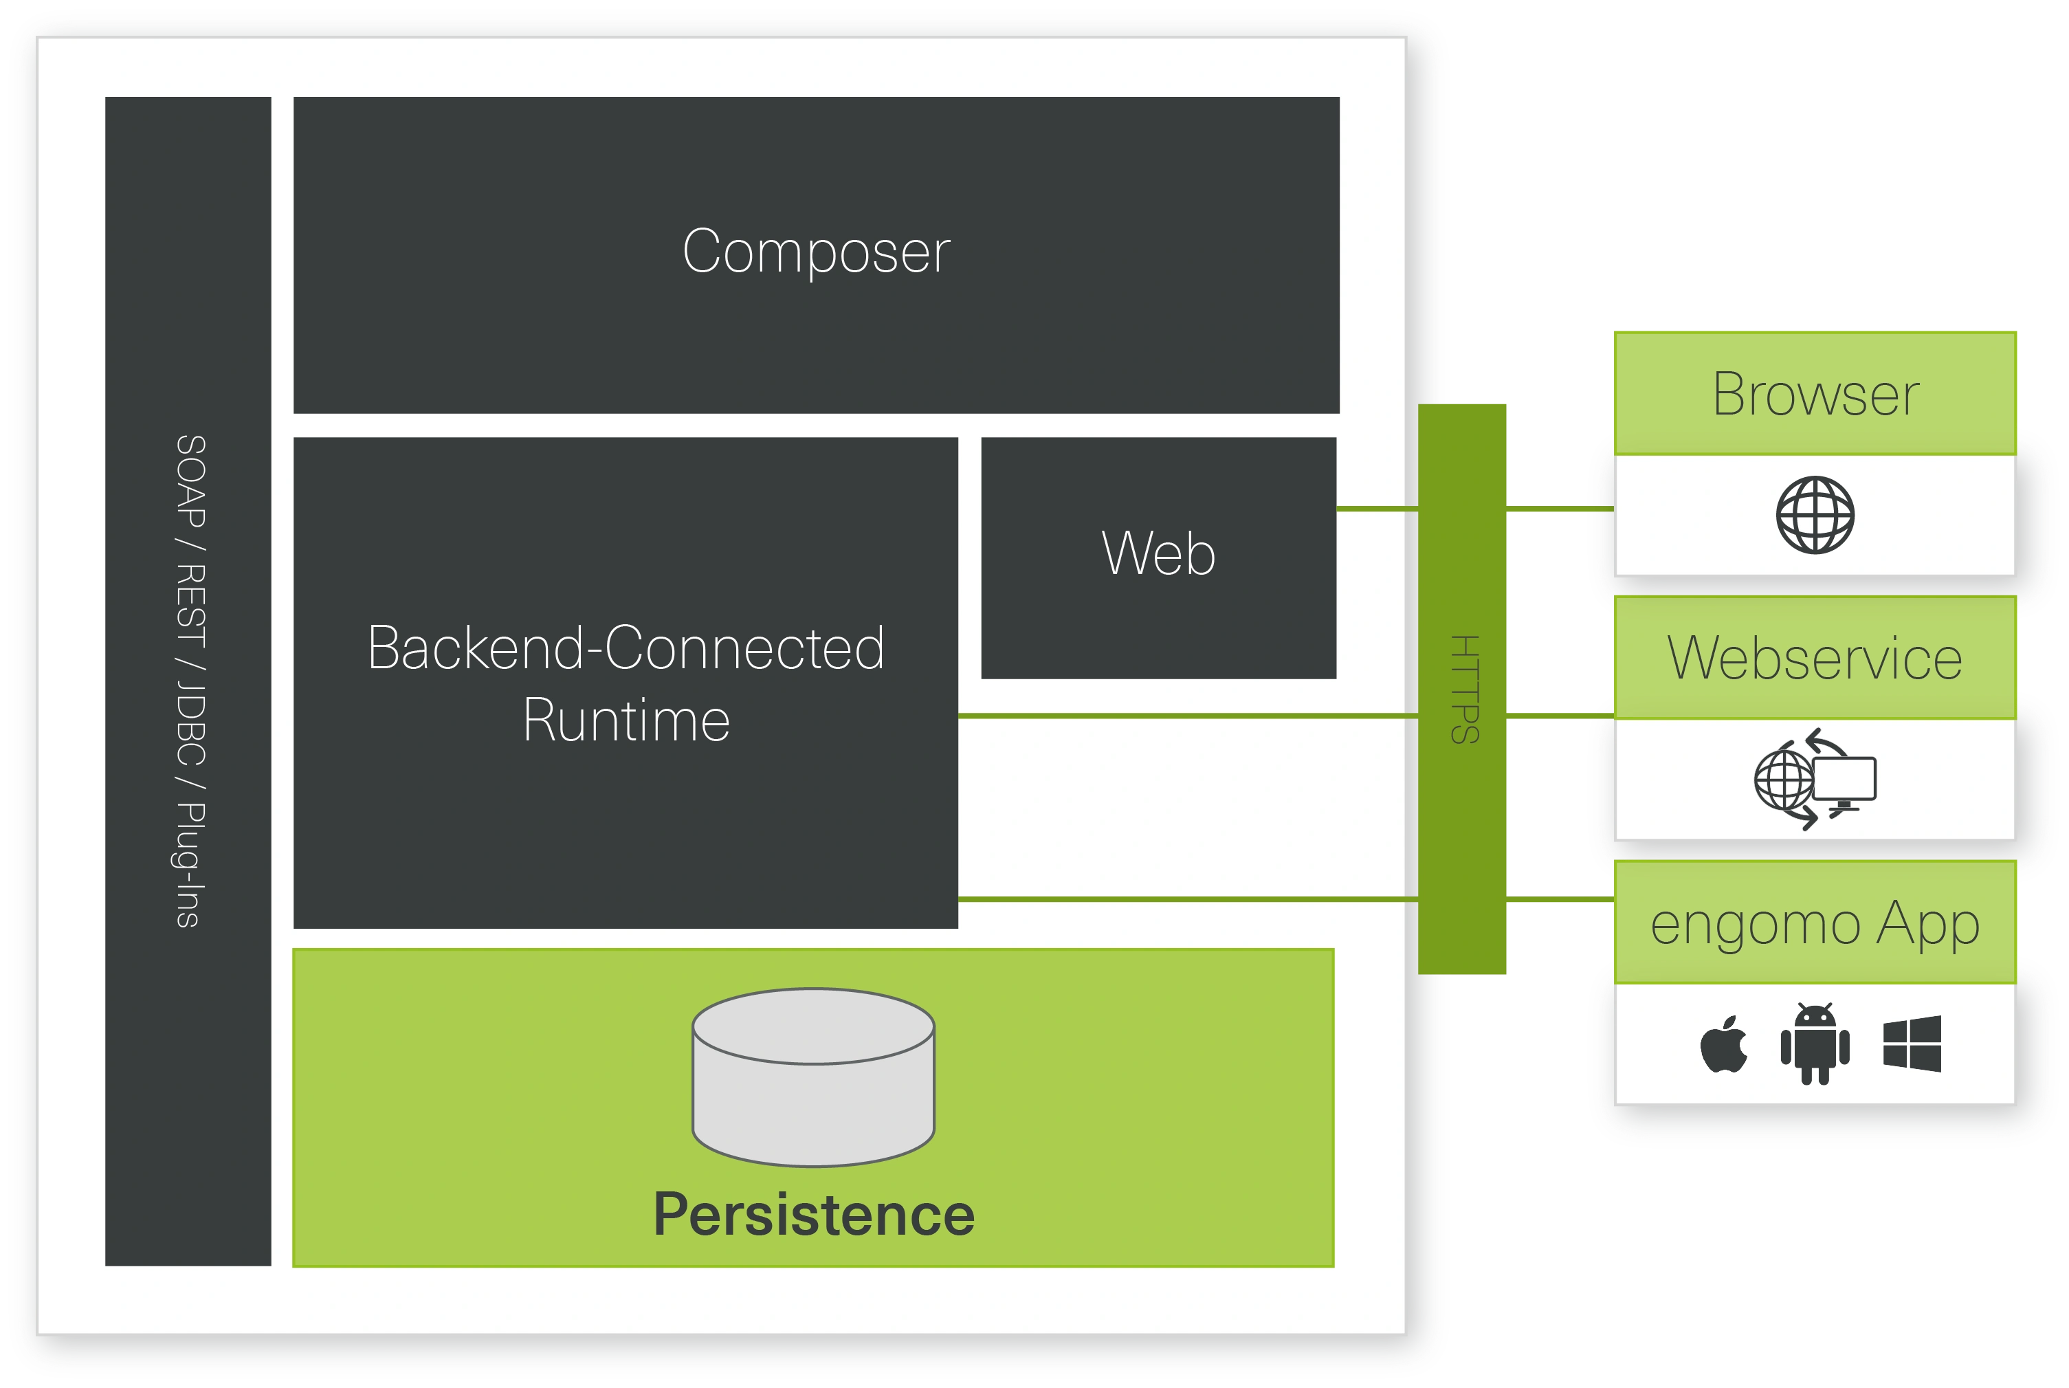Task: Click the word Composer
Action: coord(816,252)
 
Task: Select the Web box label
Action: coord(1158,554)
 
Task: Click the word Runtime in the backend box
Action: coord(626,720)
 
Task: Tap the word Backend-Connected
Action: coord(626,648)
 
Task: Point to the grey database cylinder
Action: coord(813,1077)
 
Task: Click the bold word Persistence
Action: coord(813,1215)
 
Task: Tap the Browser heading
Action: coord(1815,394)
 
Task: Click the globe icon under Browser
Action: coord(1815,515)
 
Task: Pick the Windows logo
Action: coord(1912,1044)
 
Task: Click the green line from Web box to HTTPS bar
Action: coord(1376,509)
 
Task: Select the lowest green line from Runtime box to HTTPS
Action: coord(1186,899)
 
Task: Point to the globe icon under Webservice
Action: coord(1783,780)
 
